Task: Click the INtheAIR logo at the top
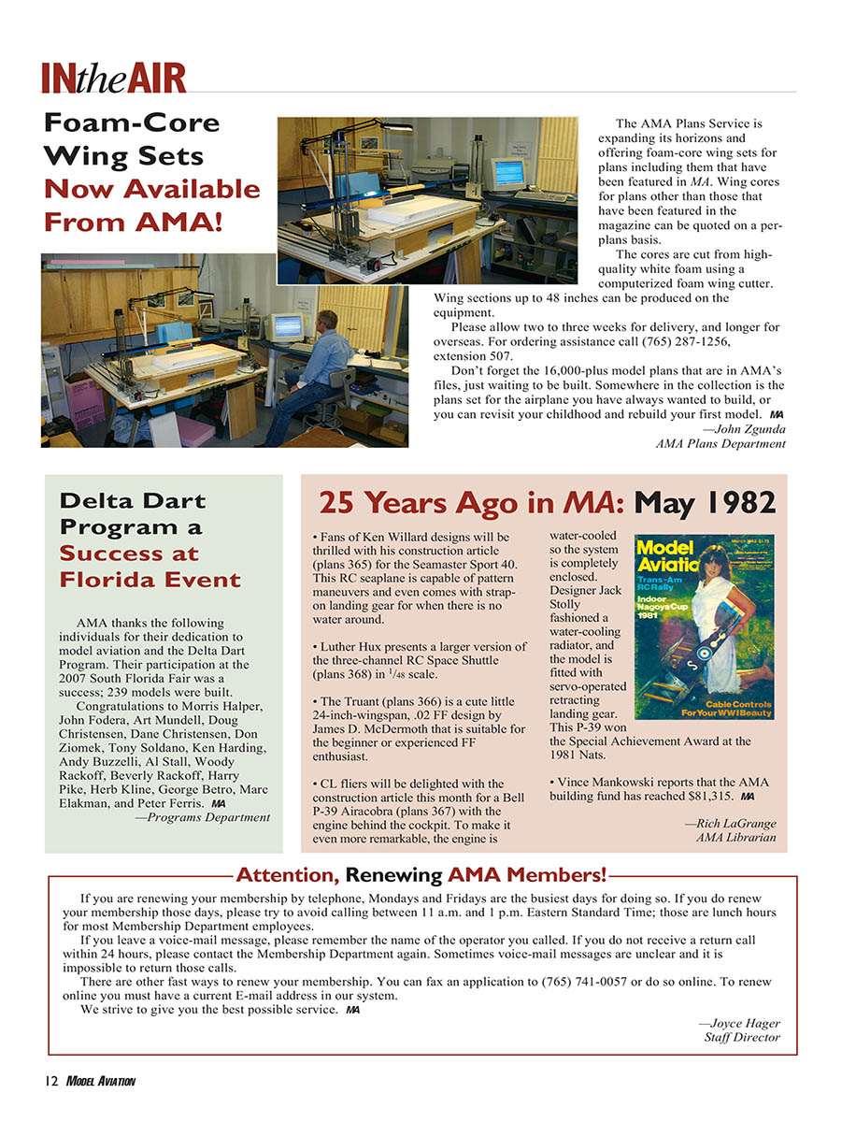click(113, 78)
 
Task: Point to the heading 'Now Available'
click(152, 189)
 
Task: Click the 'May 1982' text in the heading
click(705, 502)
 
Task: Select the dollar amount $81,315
click(707, 797)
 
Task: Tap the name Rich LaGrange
click(733, 824)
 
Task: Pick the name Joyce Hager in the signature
click(743, 1023)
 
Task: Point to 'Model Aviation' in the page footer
click(101, 1082)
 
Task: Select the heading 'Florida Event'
click(150, 580)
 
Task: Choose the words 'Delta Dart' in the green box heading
click(132, 500)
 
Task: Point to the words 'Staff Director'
click(742, 1037)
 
